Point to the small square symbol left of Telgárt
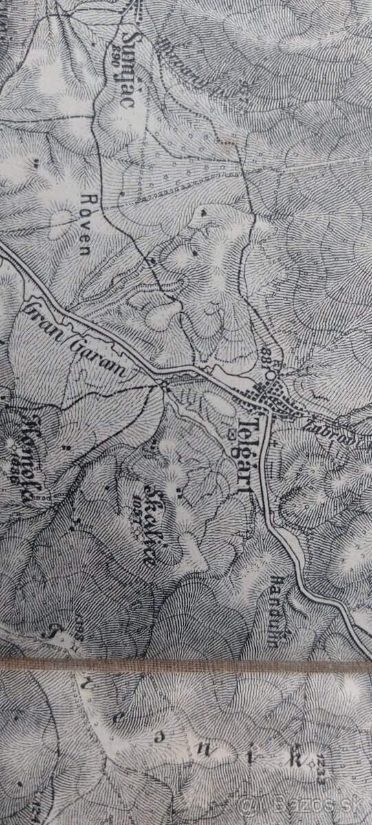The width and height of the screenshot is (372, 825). [x=232, y=434]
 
